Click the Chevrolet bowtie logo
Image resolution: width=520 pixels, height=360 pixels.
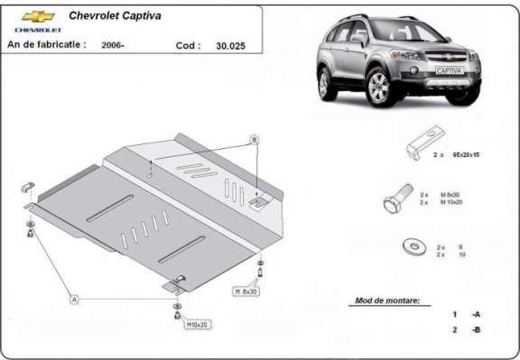point(35,16)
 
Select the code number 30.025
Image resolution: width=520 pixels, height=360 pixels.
point(232,43)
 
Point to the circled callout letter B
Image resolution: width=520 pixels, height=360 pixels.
point(254,139)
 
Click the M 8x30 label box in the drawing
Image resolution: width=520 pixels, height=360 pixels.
point(246,291)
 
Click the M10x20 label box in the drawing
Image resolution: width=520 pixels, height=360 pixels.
point(197,323)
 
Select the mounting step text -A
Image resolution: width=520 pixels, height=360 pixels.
point(475,314)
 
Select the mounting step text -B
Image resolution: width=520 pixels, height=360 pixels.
point(475,330)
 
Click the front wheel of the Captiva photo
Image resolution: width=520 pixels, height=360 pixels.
point(378,88)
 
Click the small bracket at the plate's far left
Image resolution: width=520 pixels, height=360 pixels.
point(26,187)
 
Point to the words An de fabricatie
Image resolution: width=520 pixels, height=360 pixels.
point(46,43)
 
